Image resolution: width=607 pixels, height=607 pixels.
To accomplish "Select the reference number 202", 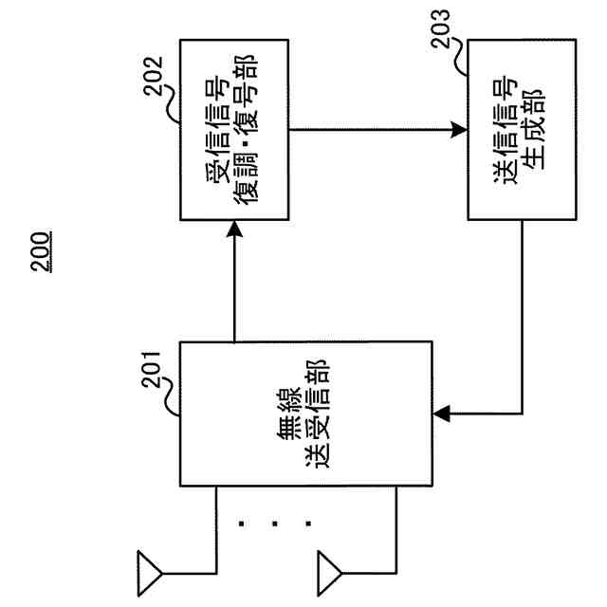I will [x=155, y=72].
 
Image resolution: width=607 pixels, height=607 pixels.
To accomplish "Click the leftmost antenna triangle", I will [x=150, y=570].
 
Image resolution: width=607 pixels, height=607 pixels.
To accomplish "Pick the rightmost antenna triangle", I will [x=328, y=570].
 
